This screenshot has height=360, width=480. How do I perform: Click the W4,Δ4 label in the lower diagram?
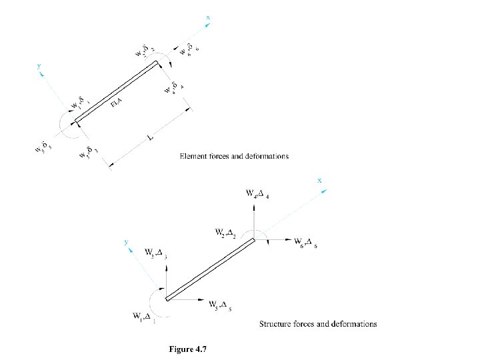257,195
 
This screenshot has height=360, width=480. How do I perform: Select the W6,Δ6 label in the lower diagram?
306,242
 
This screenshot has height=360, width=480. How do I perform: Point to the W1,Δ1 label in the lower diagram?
144,316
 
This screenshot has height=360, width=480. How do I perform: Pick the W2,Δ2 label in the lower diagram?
227,233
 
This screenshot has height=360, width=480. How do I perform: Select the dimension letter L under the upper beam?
151,139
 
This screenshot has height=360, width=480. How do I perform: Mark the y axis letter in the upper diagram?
39,67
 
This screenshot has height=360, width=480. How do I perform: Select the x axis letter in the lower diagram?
319,180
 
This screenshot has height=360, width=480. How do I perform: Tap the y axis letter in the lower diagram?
125,243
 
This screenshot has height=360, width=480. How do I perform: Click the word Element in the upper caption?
194,156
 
